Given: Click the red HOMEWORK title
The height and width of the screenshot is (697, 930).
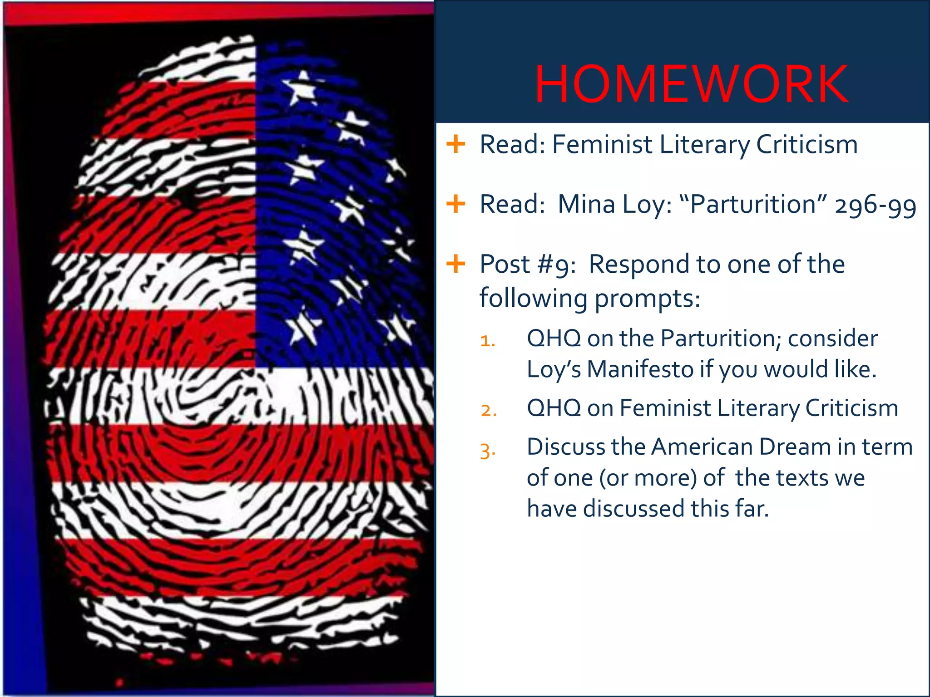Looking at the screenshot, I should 691,84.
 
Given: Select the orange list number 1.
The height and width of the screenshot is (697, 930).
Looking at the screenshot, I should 488,340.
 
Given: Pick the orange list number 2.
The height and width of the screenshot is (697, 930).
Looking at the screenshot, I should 489,410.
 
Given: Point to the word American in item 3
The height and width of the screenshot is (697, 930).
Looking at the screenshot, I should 702,447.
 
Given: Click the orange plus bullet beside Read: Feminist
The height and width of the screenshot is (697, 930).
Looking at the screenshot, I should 456,144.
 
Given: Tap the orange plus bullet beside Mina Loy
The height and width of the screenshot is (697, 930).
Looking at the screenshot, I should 456,204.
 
